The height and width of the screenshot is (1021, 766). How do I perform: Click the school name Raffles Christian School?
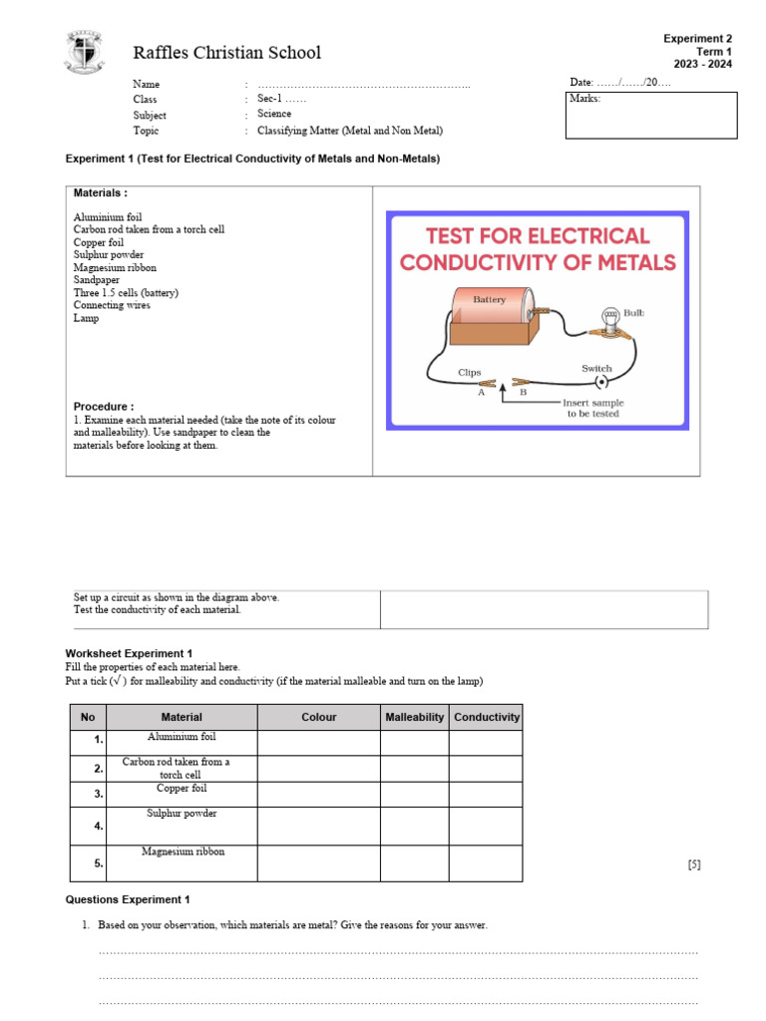226,52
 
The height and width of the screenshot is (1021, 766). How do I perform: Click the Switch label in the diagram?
596,368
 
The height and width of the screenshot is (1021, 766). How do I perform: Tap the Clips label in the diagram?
469,373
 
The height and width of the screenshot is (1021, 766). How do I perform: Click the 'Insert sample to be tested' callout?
592,408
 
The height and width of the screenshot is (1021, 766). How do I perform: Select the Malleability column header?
414,717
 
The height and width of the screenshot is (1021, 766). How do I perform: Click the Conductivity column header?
486,717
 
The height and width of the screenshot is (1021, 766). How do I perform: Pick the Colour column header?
318,717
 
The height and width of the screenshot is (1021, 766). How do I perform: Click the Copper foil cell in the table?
182,789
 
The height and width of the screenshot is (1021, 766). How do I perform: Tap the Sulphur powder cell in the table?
182,814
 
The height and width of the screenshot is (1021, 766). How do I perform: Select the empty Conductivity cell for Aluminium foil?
485,743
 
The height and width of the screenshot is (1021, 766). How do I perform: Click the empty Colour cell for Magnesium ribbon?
318,863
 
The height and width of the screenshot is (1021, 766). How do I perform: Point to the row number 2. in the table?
98,769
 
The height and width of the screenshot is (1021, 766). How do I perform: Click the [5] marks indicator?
693,864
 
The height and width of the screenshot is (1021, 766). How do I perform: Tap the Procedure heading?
104,407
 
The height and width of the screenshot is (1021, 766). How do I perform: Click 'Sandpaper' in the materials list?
97,280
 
